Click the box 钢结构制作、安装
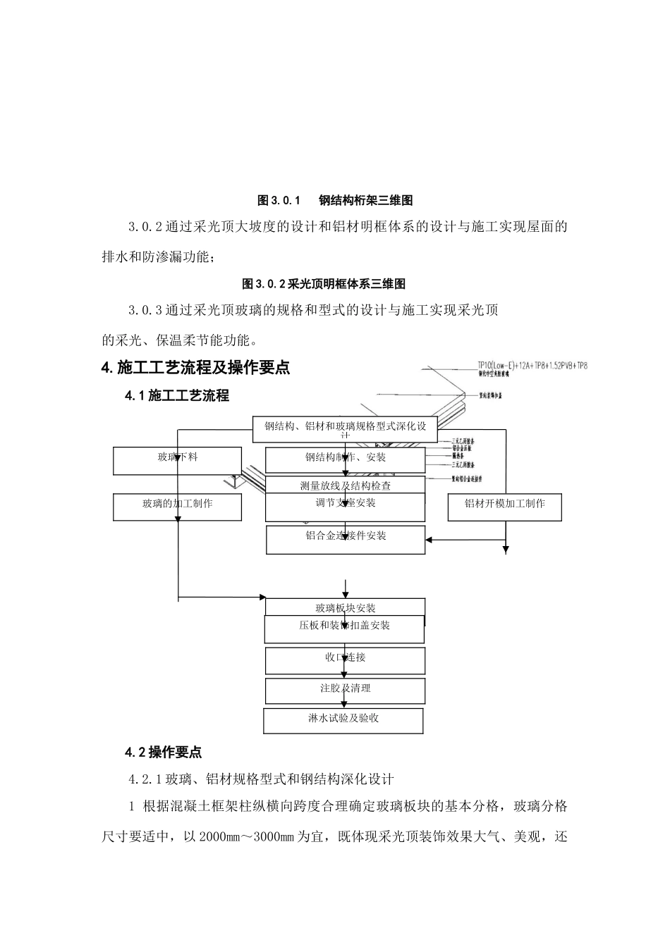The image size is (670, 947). (x=346, y=459)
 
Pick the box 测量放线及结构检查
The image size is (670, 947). (x=346, y=485)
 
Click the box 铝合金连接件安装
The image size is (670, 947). (x=346, y=538)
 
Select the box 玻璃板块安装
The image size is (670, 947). (x=346, y=607)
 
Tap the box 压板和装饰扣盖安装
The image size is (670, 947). (x=344, y=628)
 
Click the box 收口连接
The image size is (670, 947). (x=346, y=660)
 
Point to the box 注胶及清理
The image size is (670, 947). (x=346, y=690)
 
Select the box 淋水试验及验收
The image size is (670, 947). (x=343, y=719)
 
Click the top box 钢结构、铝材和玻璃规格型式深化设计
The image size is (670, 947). (x=346, y=428)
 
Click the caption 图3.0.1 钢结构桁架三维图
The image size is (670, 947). (x=335, y=201)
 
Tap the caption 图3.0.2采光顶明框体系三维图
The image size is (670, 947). (x=324, y=284)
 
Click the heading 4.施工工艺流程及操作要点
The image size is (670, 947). (x=196, y=368)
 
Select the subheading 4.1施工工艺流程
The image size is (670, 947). (x=177, y=396)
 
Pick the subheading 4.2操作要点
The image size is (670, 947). (x=164, y=753)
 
